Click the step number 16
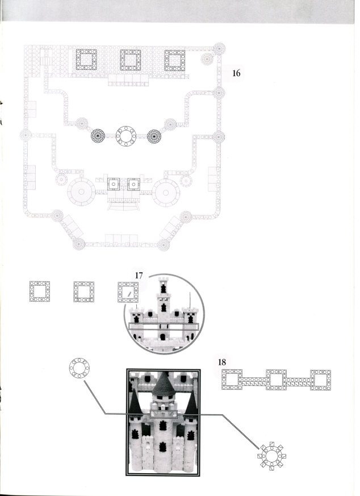point(236,73)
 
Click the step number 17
point(139,276)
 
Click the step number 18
point(222,362)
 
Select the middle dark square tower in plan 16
point(130,60)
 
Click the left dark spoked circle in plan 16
point(98,136)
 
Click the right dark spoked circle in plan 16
point(154,136)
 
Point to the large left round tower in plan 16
point(81,191)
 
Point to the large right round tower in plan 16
point(166,193)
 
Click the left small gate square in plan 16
point(114,184)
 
